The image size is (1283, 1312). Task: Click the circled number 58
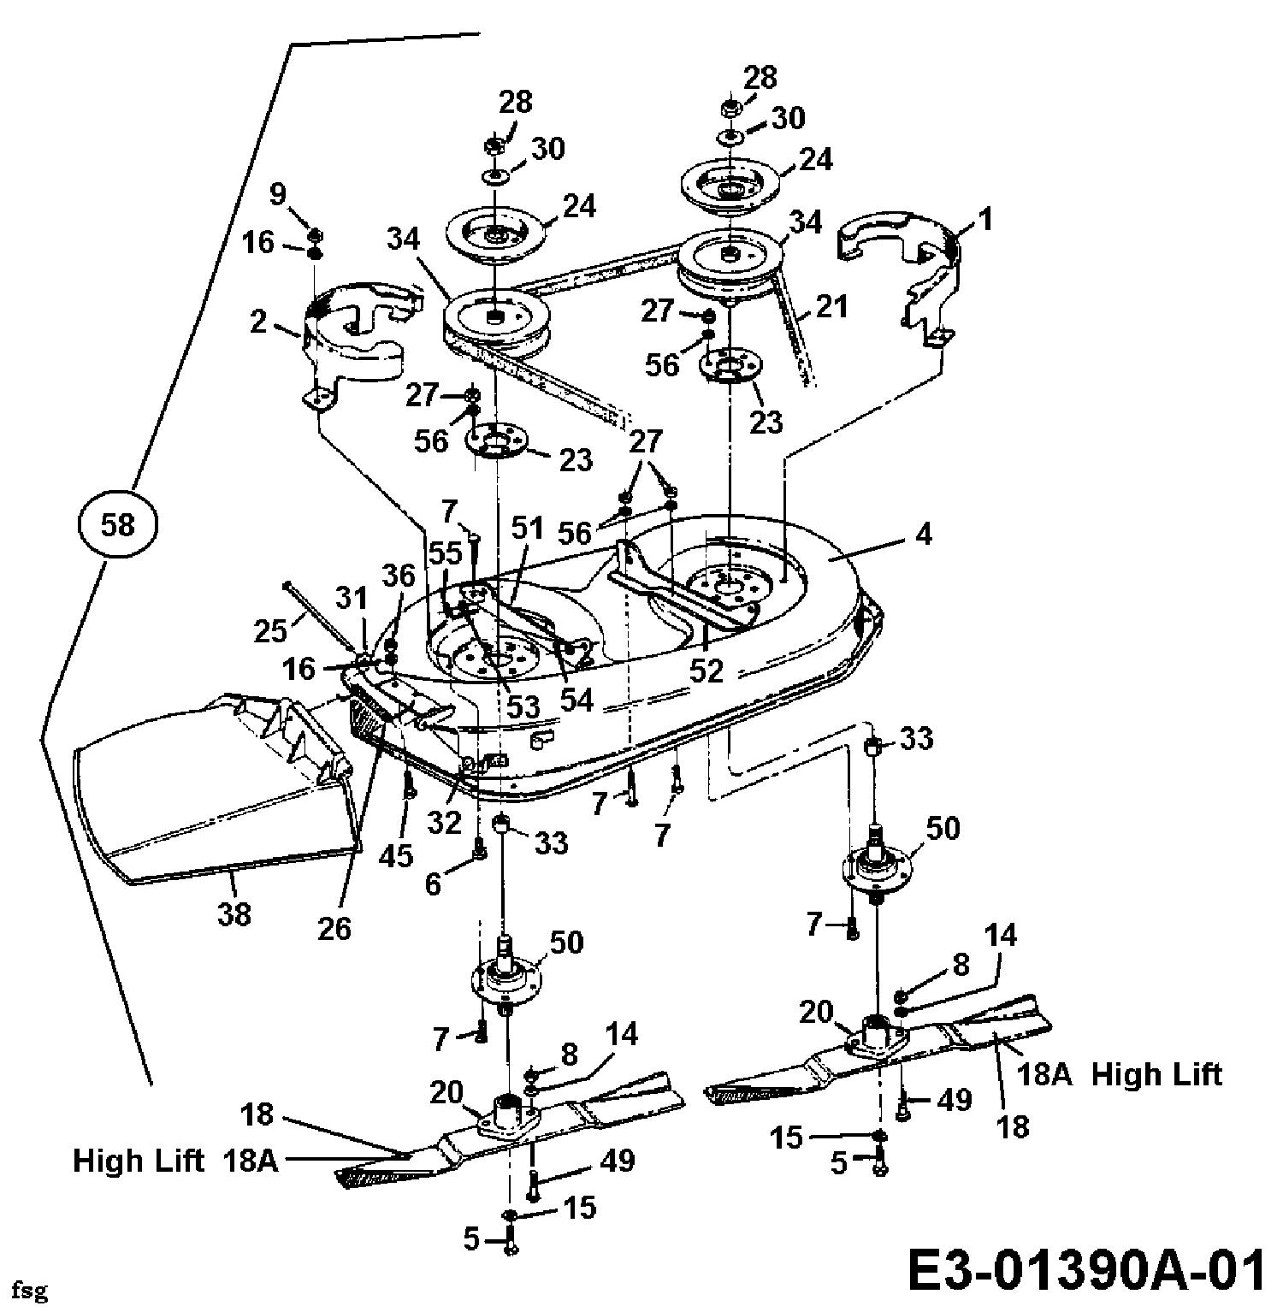(117, 524)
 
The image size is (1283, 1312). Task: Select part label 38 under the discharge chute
(234, 913)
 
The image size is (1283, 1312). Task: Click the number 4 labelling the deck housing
(923, 535)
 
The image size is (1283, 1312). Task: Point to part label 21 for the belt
(831, 305)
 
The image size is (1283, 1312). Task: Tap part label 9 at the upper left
(277, 195)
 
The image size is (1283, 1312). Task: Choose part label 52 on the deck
(707, 671)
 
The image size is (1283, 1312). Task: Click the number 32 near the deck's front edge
(446, 823)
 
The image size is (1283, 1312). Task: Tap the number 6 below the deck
(434, 884)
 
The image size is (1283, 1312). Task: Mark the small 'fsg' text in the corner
(34, 1289)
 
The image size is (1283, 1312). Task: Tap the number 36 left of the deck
(398, 576)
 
